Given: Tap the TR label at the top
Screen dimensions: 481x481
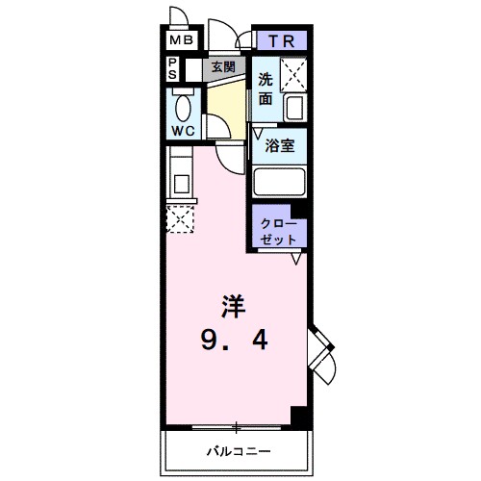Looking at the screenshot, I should pos(280,40).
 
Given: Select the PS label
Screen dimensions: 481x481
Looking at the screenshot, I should pos(173,69).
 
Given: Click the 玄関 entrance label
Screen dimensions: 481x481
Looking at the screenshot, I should pos(223,68).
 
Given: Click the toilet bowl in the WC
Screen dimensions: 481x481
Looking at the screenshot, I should pos(183,105).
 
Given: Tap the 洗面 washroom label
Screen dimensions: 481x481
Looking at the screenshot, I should pos(265,89).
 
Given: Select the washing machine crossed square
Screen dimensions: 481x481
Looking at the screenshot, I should pos(292,73).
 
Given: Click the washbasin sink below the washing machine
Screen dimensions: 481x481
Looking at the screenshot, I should pos(294,109).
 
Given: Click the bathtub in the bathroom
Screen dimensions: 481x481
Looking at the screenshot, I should pos(279,182).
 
